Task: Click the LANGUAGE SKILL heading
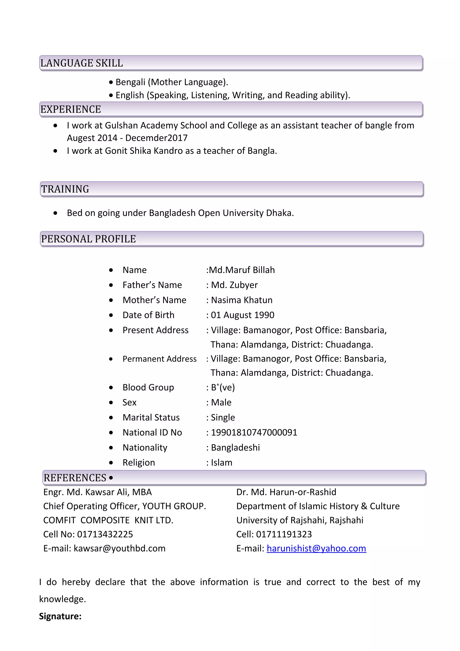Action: click(81, 63)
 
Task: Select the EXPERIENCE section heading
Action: click(71, 109)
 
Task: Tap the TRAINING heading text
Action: click(65, 189)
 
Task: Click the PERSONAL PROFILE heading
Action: click(88, 239)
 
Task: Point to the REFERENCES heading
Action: click(75, 478)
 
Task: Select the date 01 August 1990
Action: click(242, 315)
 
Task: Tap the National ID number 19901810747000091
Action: click(254, 432)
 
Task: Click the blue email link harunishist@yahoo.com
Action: click(316, 548)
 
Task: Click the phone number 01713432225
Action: click(105, 534)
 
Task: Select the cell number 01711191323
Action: click(284, 534)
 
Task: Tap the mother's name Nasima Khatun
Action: click(241, 300)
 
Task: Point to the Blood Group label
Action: click(148, 387)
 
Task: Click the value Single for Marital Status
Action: click(223, 417)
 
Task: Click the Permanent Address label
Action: click(159, 359)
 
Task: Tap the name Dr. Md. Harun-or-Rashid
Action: click(286, 492)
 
